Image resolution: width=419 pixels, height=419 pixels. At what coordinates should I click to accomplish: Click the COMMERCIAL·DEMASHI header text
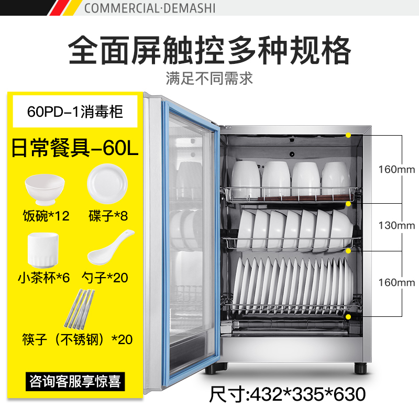click(149, 8)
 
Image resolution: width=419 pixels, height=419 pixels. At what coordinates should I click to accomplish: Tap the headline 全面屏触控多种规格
click(210, 50)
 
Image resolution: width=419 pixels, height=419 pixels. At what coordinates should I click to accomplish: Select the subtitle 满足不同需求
click(210, 79)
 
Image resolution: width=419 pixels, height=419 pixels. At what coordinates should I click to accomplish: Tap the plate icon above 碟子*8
click(107, 183)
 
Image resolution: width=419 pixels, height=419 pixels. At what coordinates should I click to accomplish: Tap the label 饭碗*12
click(46, 216)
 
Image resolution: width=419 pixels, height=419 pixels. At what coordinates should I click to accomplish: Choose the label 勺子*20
click(106, 277)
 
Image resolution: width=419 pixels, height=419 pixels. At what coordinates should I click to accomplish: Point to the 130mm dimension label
click(396, 226)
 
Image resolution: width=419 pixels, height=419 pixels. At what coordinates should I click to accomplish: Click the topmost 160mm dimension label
click(396, 169)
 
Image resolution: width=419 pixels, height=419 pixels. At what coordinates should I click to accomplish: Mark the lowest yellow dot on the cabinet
click(348, 317)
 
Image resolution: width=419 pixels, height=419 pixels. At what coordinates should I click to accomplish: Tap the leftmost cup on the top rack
click(246, 178)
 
